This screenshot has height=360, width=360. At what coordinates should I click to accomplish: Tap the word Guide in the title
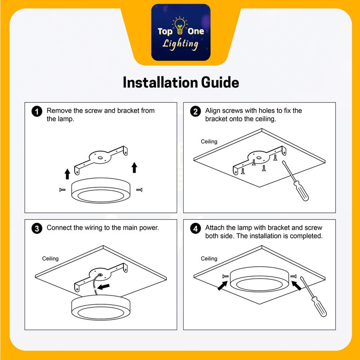(220, 82)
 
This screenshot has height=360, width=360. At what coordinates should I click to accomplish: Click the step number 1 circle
(37, 111)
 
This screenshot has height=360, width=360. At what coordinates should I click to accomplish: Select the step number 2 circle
(195, 111)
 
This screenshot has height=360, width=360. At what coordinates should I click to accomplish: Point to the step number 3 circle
(37, 229)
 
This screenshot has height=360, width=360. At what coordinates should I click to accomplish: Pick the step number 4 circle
(195, 229)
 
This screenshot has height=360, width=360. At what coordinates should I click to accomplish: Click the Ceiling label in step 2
(209, 142)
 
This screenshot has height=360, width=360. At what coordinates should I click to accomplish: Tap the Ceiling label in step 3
(50, 259)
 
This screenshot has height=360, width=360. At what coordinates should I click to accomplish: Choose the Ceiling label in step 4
(209, 259)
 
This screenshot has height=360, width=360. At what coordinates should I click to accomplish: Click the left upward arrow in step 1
(67, 174)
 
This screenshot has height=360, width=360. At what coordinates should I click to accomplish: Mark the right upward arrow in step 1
(134, 167)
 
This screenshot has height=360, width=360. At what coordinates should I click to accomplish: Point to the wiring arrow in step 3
(104, 287)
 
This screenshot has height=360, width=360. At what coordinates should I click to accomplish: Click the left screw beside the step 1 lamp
(63, 190)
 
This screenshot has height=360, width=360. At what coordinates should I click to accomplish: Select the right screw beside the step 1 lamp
(139, 189)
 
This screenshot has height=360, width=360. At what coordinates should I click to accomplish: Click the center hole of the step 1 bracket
(100, 158)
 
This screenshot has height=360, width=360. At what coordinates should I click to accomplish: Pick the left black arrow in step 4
(223, 286)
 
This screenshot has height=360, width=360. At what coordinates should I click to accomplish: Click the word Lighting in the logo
(180, 44)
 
